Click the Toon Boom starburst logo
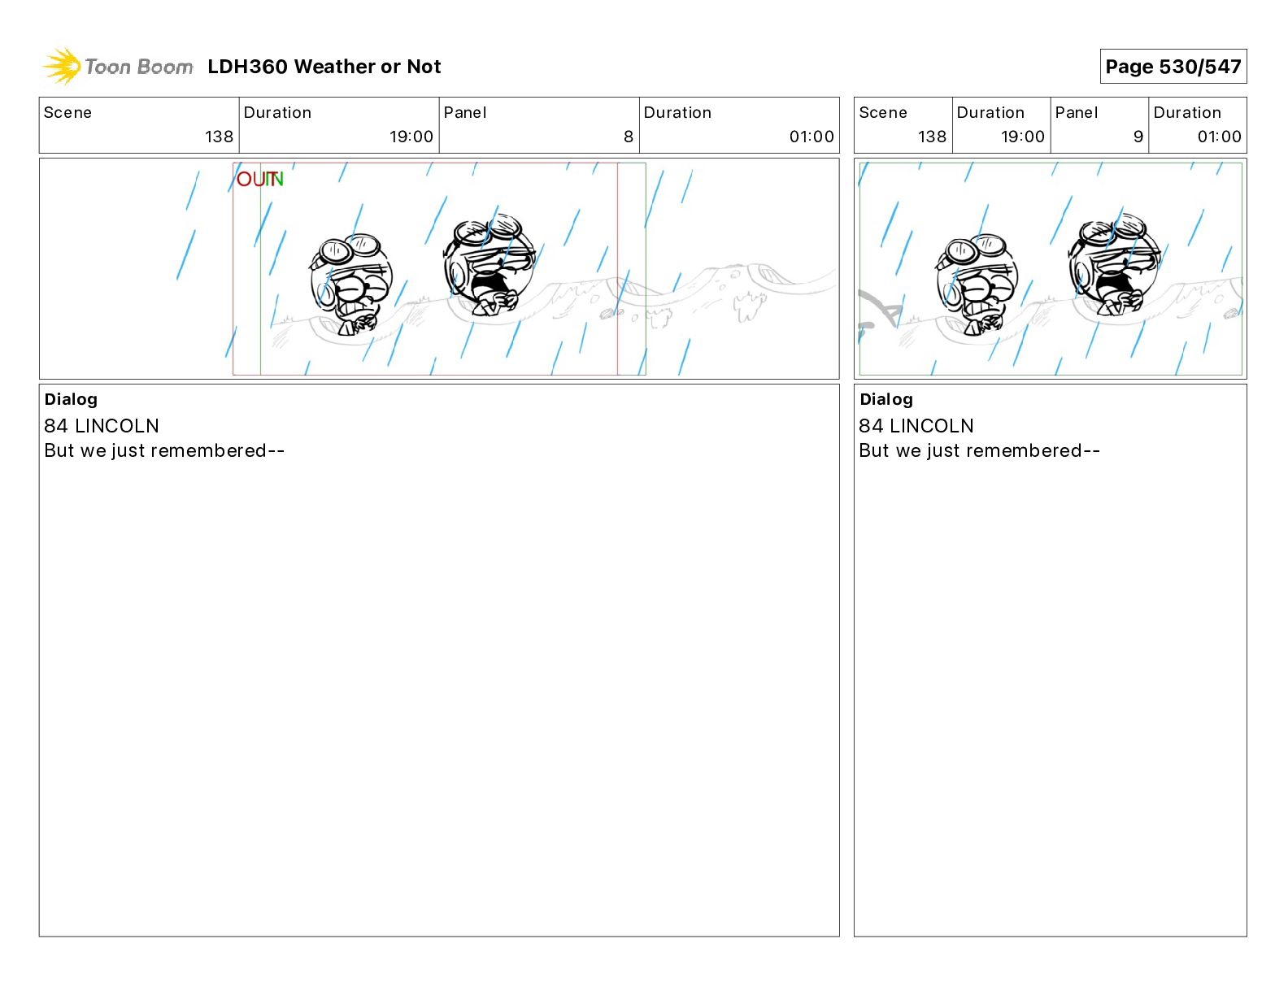click(x=62, y=67)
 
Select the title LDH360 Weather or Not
click(x=324, y=67)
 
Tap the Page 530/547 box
click(x=1173, y=67)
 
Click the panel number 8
click(x=629, y=137)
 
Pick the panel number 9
click(x=1138, y=137)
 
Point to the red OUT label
click(x=251, y=179)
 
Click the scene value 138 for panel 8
click(x=219, y=137)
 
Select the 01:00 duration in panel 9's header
click(x=1219, y=137)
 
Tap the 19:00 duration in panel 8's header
click(x=411, y=137)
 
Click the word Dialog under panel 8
click(x=71, y=399)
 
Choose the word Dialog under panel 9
click(x=886, y=399)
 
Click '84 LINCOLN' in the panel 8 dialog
click(x=102, y=425)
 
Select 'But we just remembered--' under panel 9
click(x=979, y=450)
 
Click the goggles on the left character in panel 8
click(x=350, y=249)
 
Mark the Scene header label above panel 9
click(x=882, y=113)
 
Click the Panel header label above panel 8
click(x=464, y=113)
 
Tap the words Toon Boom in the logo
click(x=139, y=67)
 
